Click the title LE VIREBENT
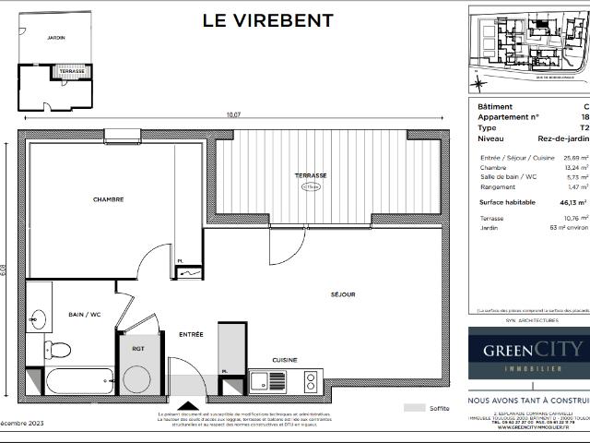pos(268,20)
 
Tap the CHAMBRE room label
pos(108,199)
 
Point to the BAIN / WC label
pos(85,315)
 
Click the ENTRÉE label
pos(191,334)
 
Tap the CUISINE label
pos(285,360)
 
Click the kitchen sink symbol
pos(263,380)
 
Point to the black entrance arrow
pos(188,404)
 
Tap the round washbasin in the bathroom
pos(37,320)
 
